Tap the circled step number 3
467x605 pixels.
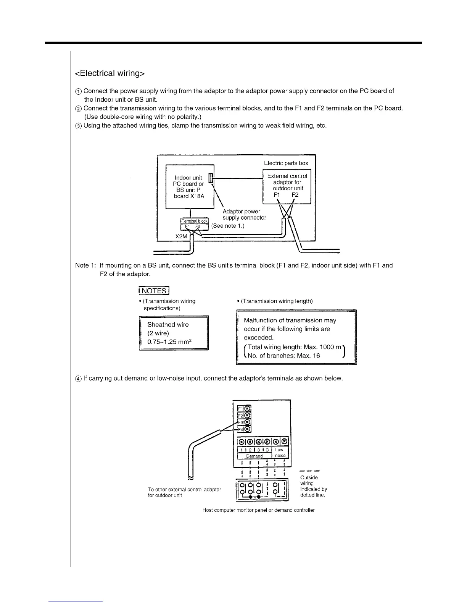pyautogui.click(x=78, y=126)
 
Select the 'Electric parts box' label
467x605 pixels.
pyautogui.click(x=286, y=163)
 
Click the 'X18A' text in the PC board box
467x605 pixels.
pyautogui.click(x=197, y=196)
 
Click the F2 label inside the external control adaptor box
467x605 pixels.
pyautogui.click(x=295, y=195)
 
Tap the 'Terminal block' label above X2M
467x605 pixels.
pyautogui.click(x=195, y=221)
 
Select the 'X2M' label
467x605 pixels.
pyautogui.click(x=182, y=236)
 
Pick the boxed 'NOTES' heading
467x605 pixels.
pyautogui.click(x=154, y=291)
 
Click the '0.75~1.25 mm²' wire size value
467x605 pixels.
pyautogui.click(x=169, y=342)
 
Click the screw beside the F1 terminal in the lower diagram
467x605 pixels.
pyautogui.click(x=247, y=408)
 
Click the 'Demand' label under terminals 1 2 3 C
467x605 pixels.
pyautogui.click(x=254, y=456)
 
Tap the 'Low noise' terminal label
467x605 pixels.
pyautogui.click(x=280, y=453)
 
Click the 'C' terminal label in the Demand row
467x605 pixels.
pyautogui.click(x=267, y=450)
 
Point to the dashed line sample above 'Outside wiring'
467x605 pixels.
pyautogui.click(x=309, y=471)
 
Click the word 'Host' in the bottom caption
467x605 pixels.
pyautogui.click(x=208, y=510)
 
